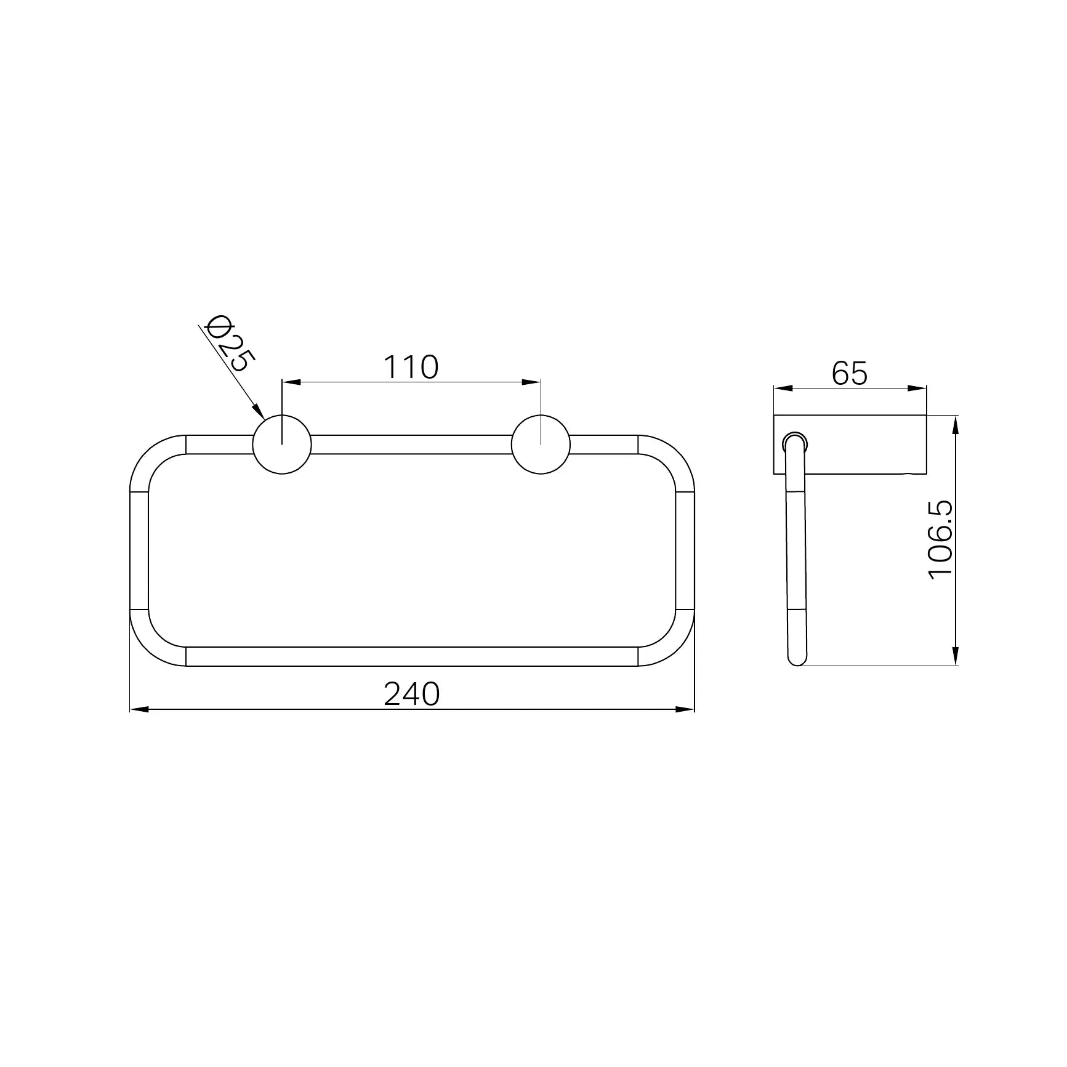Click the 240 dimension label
pos(412,695)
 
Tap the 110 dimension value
pos(411,367)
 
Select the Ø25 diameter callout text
pos(227,344)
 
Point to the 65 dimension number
pos(850,373)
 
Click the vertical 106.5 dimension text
pos(941,539)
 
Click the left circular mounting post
pos(282,445)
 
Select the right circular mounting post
pos(541,445)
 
